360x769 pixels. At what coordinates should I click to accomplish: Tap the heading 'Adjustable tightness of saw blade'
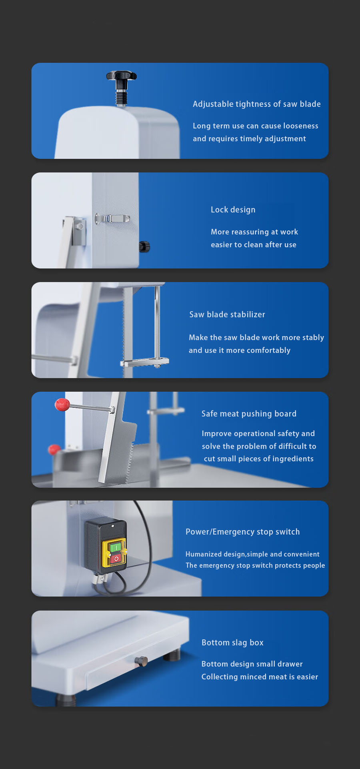click(257, 104)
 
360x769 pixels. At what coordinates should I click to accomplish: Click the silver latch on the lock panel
click(112, 218)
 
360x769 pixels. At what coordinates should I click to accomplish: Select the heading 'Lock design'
click(233, 210)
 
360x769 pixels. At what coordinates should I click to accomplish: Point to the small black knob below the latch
click(144, 246)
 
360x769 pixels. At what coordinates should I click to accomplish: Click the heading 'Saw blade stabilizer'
click(227, 314)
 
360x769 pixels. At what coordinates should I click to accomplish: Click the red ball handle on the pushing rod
click(62, 405)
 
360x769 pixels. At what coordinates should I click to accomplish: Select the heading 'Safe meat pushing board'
click(249, 414)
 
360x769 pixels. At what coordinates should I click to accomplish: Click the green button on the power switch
click(115, 547)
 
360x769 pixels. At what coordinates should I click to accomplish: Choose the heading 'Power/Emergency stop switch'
click(243, 532)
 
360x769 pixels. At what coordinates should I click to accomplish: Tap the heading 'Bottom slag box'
click(232, 643)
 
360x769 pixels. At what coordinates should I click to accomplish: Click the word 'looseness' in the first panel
click(301, 126)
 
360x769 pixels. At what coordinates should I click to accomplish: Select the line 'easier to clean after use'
click(254, 244)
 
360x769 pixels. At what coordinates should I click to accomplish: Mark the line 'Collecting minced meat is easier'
click(260, 677)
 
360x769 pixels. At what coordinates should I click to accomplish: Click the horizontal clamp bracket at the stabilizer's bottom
click(145, 362)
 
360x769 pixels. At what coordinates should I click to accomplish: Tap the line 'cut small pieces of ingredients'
click(259, 459)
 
